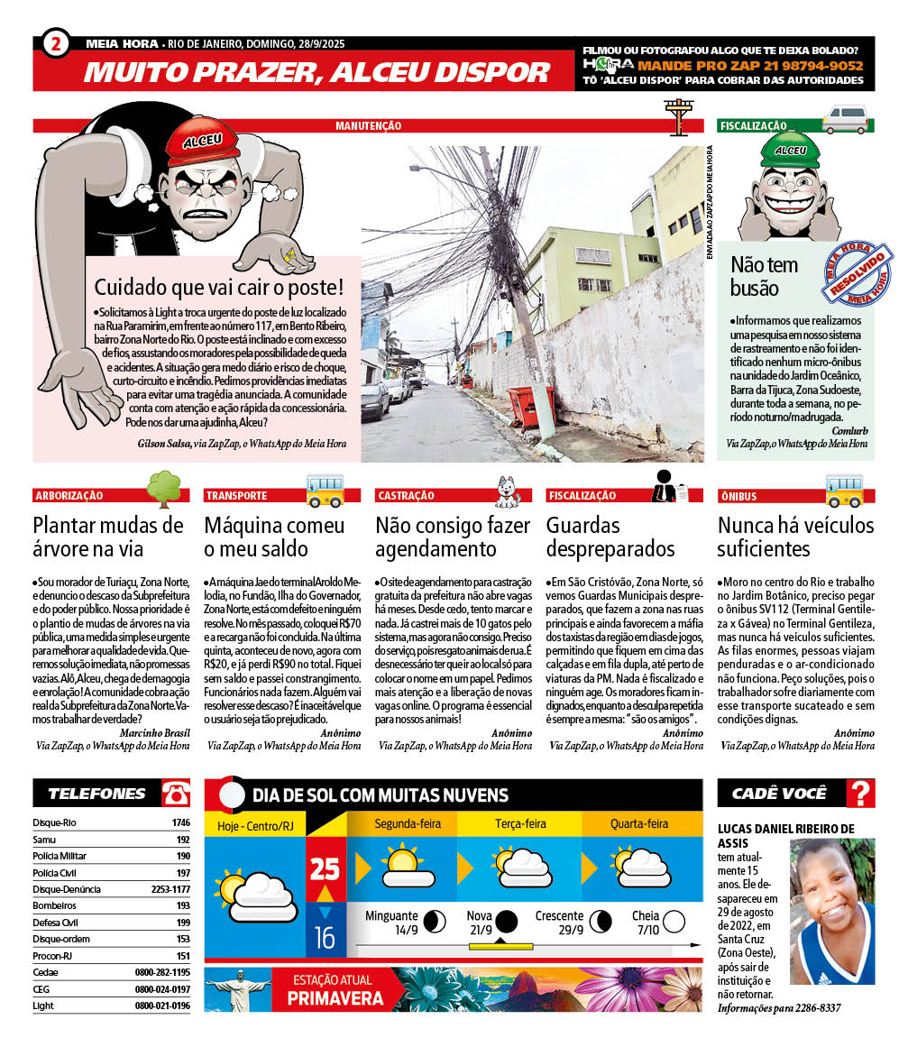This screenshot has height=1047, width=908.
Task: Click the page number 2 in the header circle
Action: point(56,43)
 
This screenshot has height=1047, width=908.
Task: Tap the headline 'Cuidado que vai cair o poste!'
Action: point(219,289)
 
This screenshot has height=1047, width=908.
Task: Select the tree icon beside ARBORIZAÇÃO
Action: point(164,488)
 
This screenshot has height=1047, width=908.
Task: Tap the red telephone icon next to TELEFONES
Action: point(175,794)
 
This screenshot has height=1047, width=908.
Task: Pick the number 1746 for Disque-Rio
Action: point(180,823)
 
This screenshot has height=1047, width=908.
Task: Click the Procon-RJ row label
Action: point(52,956)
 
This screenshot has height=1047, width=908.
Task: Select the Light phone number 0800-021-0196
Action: point(162,1006)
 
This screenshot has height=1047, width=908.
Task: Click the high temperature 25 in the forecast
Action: point(325,869)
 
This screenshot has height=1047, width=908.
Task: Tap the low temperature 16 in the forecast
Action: point(325,938)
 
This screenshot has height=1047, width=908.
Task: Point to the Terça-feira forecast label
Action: point(520,824)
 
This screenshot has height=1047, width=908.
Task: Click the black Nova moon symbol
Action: point(506,922)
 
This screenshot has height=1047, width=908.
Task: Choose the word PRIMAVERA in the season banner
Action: point(335,998)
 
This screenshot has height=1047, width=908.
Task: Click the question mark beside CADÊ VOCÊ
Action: point(861,794)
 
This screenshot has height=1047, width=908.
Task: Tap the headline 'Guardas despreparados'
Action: point(610,537)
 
